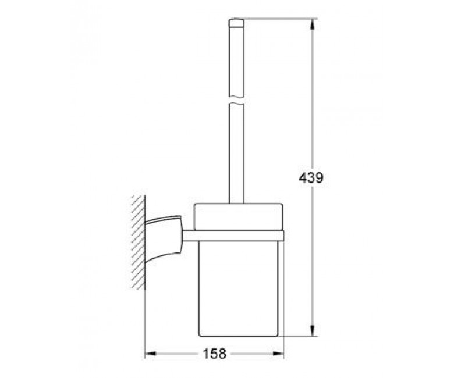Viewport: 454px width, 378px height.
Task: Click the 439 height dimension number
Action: point(311,178)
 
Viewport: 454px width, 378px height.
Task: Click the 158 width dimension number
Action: point(215,354)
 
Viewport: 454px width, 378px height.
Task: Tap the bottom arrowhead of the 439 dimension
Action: point(312,330)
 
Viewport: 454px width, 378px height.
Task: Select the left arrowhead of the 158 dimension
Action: point(151,354)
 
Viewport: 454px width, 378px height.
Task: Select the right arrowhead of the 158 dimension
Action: point(278,354)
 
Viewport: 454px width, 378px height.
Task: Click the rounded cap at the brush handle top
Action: point(236,23)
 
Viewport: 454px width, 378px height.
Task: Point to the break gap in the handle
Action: point(236,101)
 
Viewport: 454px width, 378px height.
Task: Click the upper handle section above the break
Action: point(236,61)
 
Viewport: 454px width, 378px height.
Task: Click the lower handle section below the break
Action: point(236,154)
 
